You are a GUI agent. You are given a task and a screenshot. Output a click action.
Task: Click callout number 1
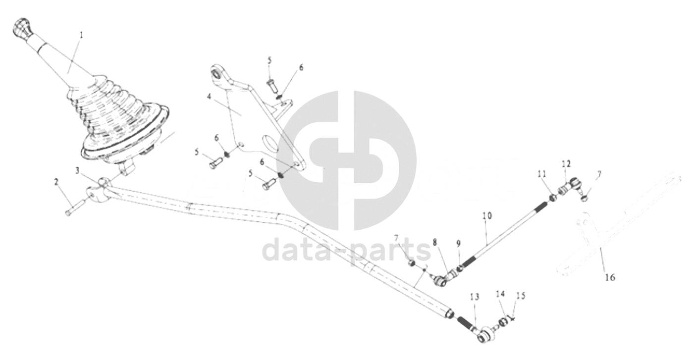point(82,35)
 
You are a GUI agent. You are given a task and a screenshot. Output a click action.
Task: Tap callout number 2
point(56,182)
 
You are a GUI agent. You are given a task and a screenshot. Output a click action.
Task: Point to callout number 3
point(77,170)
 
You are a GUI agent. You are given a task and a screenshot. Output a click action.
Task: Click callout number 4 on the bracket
point(209,97)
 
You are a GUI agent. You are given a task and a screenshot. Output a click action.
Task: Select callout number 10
point(487,215)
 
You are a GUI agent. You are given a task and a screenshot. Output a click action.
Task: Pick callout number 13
point(475,297)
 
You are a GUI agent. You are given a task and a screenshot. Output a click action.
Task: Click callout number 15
point(521,296)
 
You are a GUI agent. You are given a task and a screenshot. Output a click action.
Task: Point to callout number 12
point(567,163)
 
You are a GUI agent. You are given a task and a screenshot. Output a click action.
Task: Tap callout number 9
point(459,244)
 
